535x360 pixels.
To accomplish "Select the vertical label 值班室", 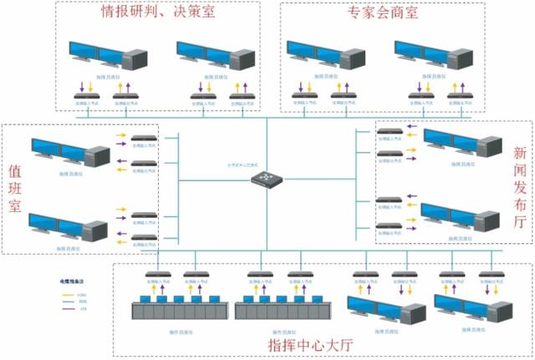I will (14, 189).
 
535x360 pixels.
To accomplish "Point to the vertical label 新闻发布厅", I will (519, 188).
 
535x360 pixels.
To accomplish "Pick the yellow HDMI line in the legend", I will (67, 294).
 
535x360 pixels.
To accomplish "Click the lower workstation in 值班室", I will (67, 228).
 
